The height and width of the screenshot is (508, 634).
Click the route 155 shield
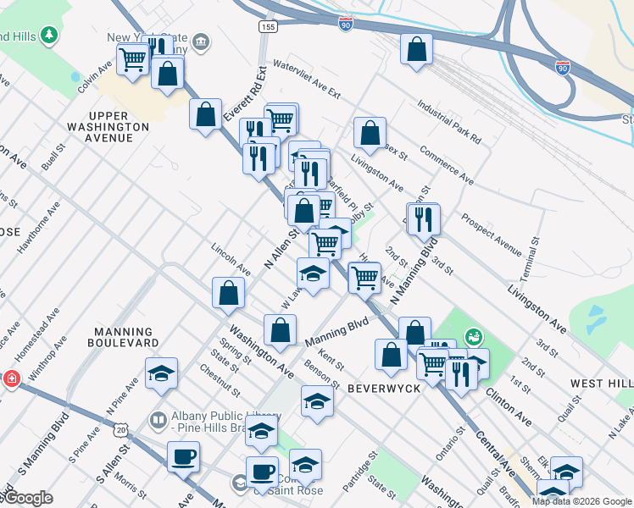268,28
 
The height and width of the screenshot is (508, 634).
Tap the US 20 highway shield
122,430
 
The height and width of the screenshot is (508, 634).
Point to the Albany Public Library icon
158,419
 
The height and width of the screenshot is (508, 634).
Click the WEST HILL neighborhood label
600,384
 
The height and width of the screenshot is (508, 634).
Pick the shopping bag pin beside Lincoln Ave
228,293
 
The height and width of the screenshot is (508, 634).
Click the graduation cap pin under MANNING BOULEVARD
161,373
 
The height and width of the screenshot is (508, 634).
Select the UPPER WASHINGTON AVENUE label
120,120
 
